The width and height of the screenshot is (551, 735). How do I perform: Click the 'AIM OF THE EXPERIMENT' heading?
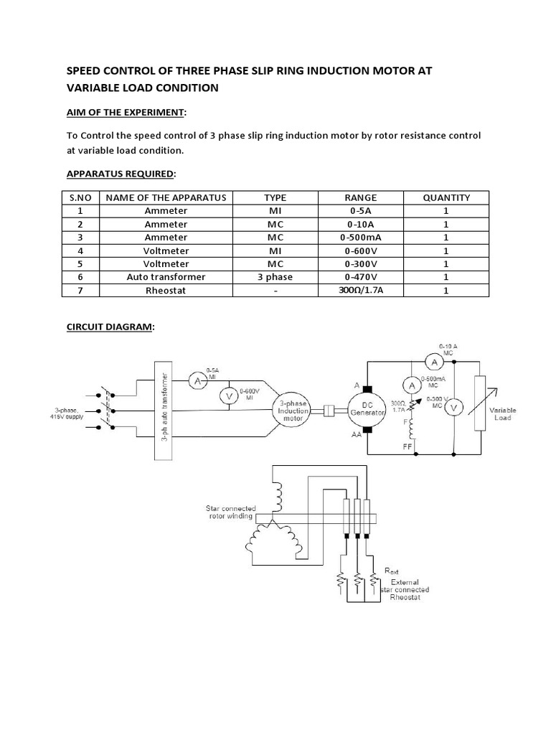click(x=126, y=113)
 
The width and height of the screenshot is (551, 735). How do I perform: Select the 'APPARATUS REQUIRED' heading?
click(x=121, y=174)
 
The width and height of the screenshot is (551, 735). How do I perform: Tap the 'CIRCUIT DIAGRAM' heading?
click(x=110, y=327)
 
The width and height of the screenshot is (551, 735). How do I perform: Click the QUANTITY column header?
click(x=446, y=197)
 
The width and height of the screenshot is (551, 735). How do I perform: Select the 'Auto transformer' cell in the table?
click(x=166, y=276)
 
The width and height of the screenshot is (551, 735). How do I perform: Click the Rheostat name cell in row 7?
click(x=166, y=290)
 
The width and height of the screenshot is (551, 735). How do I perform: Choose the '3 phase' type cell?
click(x=275, y=276)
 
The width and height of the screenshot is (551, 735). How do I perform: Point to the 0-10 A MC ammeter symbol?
click(x=433, y=362)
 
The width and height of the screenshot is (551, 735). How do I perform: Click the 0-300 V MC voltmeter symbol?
click(x=453, y=408)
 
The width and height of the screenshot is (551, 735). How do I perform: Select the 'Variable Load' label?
click(x=502, y=413)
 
